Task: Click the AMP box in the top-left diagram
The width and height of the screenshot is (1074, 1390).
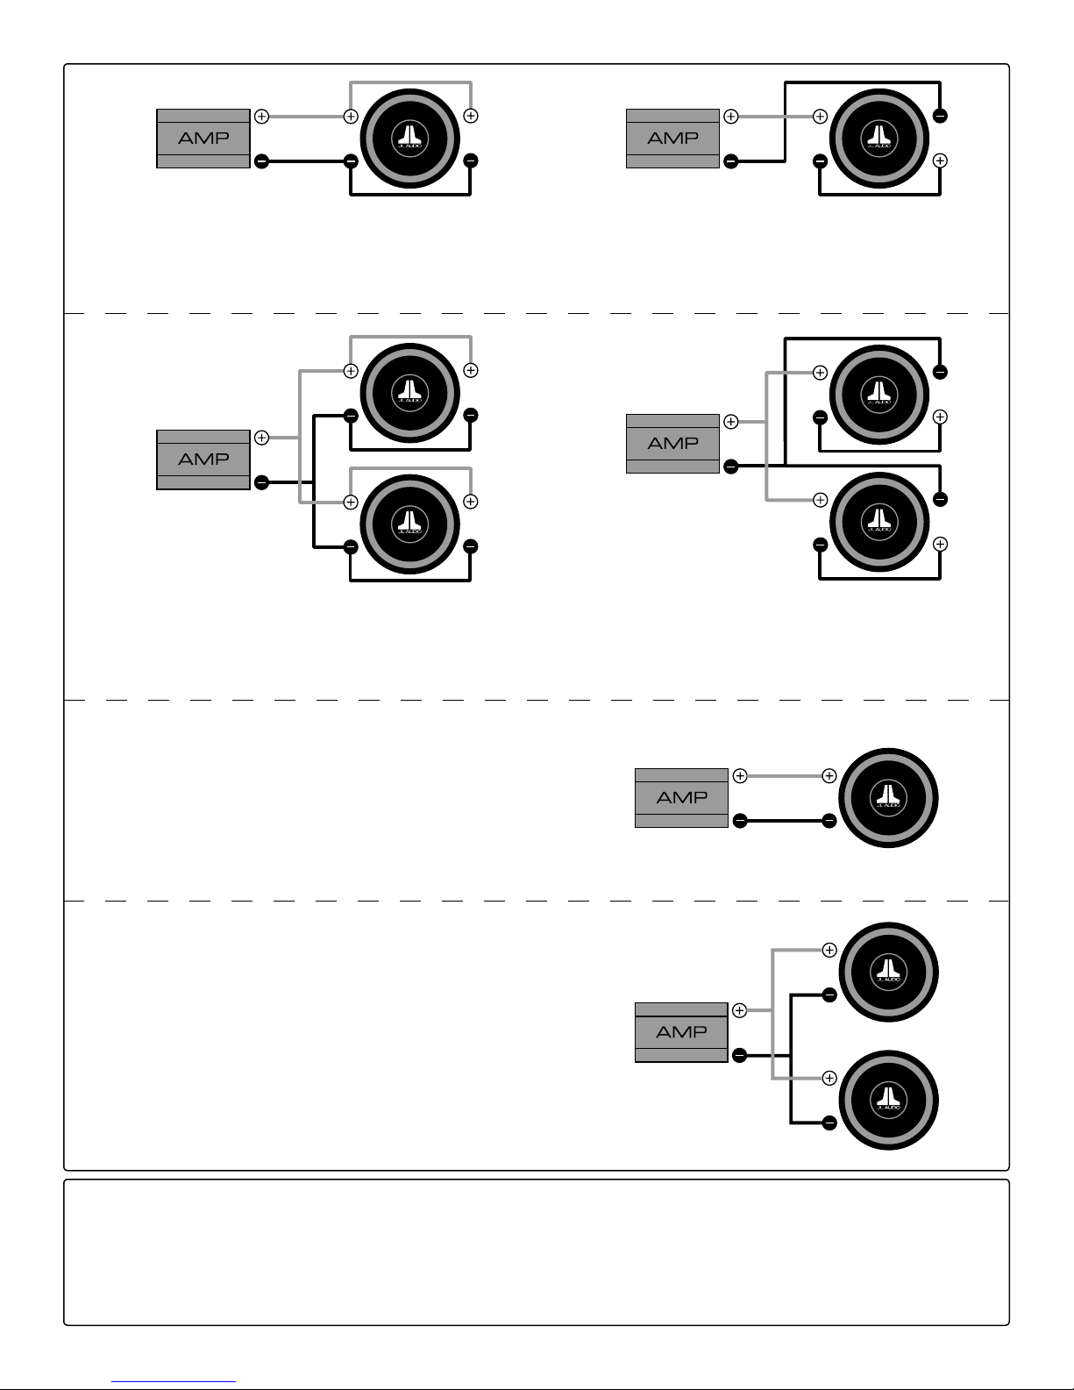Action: [203, 139]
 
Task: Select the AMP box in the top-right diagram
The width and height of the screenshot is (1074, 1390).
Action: [672, 139]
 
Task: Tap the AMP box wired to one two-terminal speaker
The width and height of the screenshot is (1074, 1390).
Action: [681, 798]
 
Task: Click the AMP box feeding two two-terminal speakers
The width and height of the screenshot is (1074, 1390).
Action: [681, 1032]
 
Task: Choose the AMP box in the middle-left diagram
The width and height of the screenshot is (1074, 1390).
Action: [203, 460]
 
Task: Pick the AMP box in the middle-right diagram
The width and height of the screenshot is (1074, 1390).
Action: [672, 444]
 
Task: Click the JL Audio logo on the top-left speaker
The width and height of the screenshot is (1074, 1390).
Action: [410, 138]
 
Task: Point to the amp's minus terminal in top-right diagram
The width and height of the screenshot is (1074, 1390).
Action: [730, 161]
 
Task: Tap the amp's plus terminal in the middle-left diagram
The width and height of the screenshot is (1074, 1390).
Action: [261, 437]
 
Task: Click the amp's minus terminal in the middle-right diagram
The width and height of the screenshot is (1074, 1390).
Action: [730, 467]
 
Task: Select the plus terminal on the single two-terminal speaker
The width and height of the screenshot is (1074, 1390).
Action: [829, 775]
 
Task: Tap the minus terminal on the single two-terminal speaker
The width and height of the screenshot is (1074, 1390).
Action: [829, 821]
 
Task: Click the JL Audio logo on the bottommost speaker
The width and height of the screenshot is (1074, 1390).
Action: [888, 1099]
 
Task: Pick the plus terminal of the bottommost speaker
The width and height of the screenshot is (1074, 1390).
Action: [829, 1078]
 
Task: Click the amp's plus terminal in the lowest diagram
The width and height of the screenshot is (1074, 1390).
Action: [739, 1010]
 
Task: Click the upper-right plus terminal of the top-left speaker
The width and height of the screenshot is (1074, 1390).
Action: [471, 116]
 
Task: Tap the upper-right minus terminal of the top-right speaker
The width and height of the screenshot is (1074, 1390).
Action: [940, 116]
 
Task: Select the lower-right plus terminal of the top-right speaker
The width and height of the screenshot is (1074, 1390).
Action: [940, 160]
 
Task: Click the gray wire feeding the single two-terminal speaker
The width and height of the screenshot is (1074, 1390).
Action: [785, 775]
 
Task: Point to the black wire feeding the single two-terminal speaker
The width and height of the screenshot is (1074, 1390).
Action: [785, 821]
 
